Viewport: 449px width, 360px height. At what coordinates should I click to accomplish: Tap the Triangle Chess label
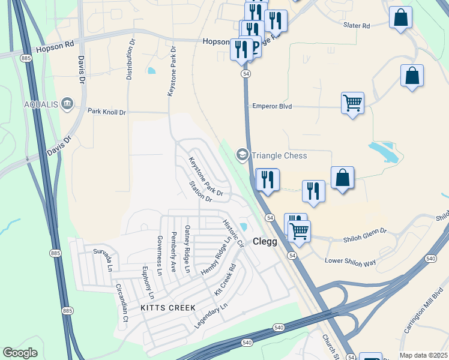[x=279, y=155]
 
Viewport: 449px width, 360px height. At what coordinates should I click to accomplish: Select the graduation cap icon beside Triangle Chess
[x=243, y=155]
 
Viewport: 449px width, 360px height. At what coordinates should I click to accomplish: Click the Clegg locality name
[x=265, y=242]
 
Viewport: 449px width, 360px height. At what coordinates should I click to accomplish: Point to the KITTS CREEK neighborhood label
[x=168, y=308]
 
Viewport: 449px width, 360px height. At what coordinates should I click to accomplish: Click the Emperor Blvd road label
[x=271, y=106]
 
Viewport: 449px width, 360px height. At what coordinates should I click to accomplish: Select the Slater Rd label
[x=357, y=26]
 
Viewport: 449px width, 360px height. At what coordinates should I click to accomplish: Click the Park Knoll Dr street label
[x=107, y=112]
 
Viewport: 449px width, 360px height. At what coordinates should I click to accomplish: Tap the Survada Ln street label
[x=102, y=257]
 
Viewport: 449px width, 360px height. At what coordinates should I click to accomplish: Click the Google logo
[x=20, y=353]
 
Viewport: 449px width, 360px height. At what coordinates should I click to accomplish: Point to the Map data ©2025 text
[x=423, y=355]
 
